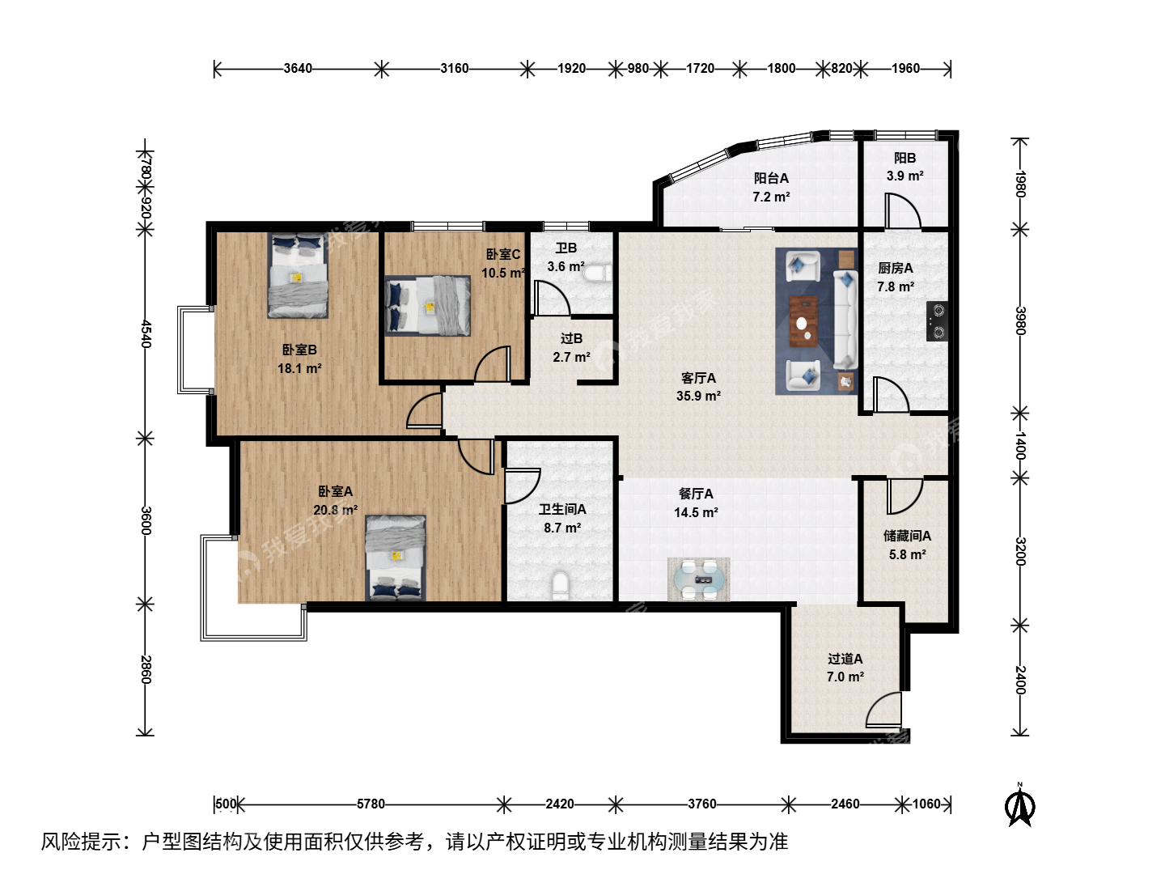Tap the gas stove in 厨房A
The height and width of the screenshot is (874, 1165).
coord(938,321)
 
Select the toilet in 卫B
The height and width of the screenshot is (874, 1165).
coord(598,274)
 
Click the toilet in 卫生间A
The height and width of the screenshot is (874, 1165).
coord(561,585)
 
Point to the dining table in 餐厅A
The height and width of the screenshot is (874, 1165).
coord(698,579)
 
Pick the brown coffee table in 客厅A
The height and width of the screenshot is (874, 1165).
coord(803,321)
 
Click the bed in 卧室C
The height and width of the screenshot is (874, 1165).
coord(428,306)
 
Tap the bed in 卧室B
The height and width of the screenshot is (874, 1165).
coord(297,275)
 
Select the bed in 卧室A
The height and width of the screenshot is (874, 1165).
coord(396,558)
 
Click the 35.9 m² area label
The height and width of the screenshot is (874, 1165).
coord(698,396)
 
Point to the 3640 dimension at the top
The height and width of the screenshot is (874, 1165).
coord(298,69)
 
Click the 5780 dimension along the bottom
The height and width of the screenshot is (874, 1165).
coord(371,804)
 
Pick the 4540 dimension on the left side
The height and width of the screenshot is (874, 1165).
coord(146,333)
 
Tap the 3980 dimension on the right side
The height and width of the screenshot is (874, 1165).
coord(1020,320)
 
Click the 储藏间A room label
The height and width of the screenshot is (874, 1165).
coord(907,536)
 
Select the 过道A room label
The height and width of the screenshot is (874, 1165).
coord(845,659)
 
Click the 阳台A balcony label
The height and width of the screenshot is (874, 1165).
coord(771,178)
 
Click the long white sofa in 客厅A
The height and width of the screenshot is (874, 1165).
coord(845,320)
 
